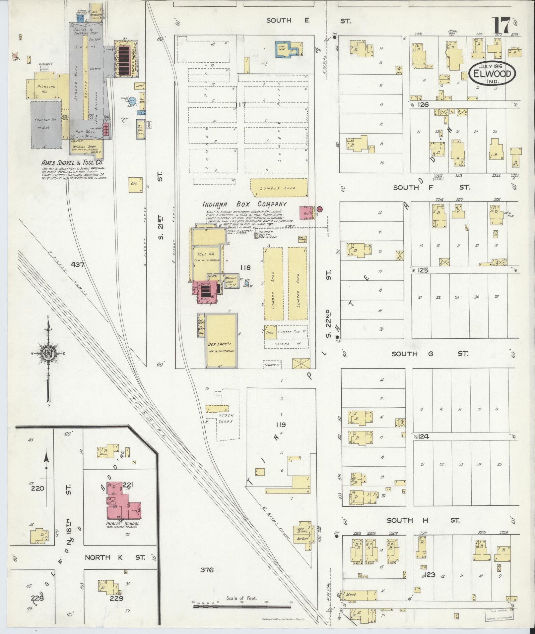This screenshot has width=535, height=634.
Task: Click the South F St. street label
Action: tap(431, 188)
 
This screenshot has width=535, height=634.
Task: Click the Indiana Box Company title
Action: tap(245, 204)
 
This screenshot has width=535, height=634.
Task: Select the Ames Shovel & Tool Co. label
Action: tap(72, 163)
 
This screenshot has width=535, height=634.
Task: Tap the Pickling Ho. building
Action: tap(46, 89)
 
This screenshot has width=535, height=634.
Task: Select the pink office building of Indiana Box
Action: tap(306, 212)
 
